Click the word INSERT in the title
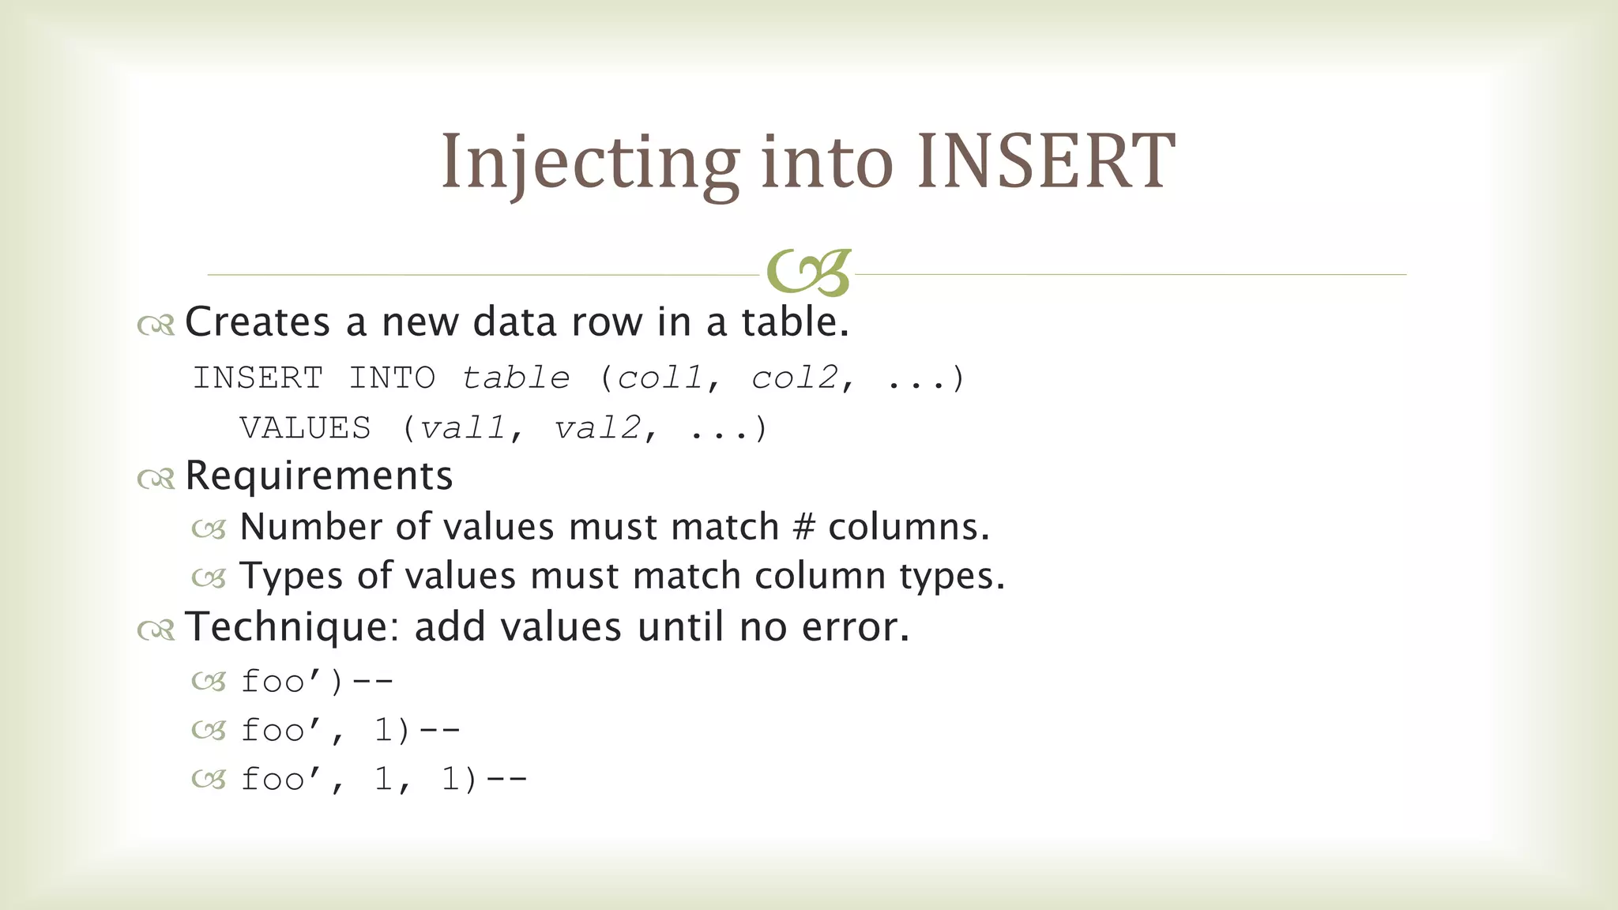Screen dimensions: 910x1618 [x=1046, y=162]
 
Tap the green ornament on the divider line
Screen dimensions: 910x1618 [x=808, y=273]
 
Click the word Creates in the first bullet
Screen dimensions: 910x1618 [x=258, y=322]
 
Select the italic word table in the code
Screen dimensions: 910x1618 [x=516, y=378]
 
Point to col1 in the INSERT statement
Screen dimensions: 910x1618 [x=660, y=378]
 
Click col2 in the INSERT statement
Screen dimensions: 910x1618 [x=795, y=378]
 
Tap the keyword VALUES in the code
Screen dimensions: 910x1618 [x=305, y=428]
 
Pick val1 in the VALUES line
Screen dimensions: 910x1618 [x=463, y=428]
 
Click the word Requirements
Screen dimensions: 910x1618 [x=319, y=476]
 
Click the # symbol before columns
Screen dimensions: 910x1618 [x=803, y=527]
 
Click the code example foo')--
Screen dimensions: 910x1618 [x=317, y=681]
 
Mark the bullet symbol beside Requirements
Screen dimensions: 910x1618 [x=156, y=478]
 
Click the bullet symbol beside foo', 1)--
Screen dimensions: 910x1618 [x=209, y=731]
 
